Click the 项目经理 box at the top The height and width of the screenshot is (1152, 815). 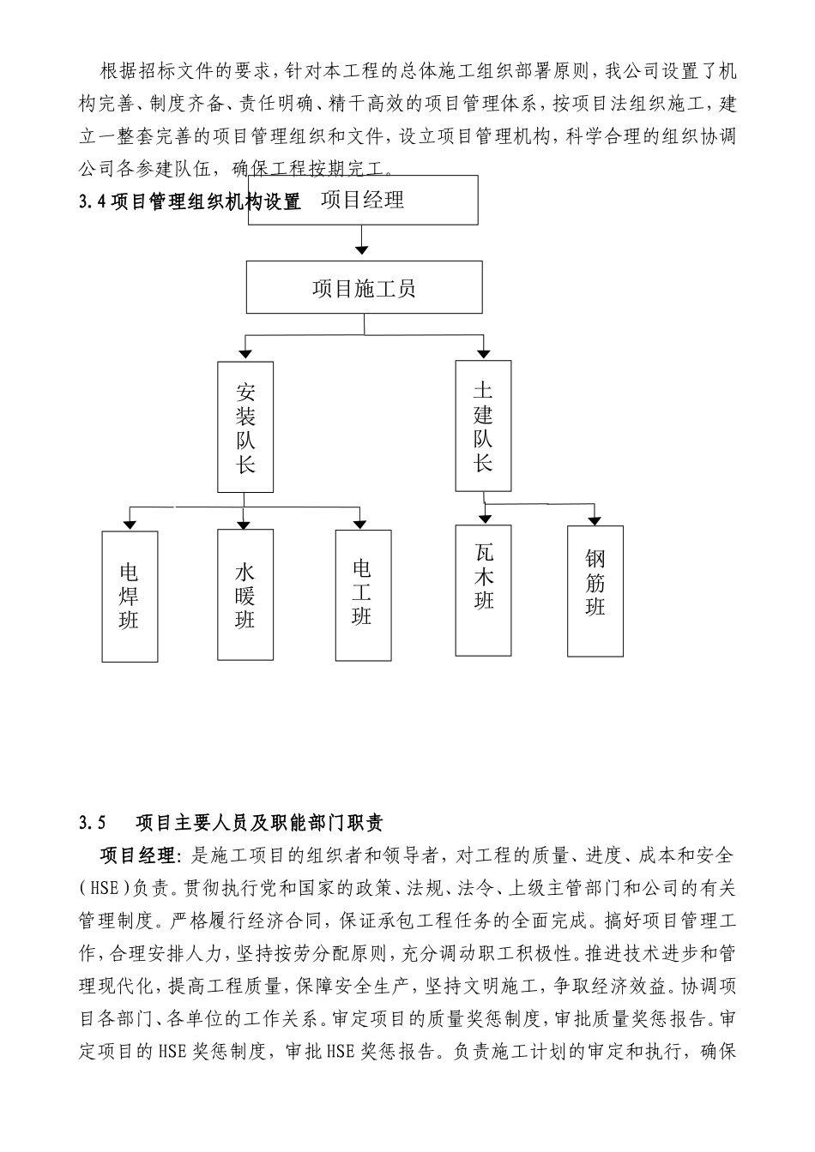[363, 201]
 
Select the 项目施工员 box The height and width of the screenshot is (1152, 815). [364, 288]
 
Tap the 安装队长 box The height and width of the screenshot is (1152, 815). [245, 427]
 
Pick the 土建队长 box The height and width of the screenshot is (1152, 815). [484, 426]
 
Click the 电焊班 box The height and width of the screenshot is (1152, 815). [130, 597]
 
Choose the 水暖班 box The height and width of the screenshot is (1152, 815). [245, 595]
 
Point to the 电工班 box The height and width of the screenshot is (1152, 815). [363, 595]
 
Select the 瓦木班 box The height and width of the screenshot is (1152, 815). [484, 590]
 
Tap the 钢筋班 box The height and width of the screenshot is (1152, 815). [595, 591]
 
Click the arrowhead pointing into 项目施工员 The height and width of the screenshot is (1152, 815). [363, 249]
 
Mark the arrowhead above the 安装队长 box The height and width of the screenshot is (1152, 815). [245, 352]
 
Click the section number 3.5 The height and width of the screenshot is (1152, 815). [92, 824]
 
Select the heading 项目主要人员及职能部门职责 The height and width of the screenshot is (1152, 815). [259, 824]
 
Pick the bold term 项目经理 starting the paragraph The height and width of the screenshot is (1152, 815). [137, 855]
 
